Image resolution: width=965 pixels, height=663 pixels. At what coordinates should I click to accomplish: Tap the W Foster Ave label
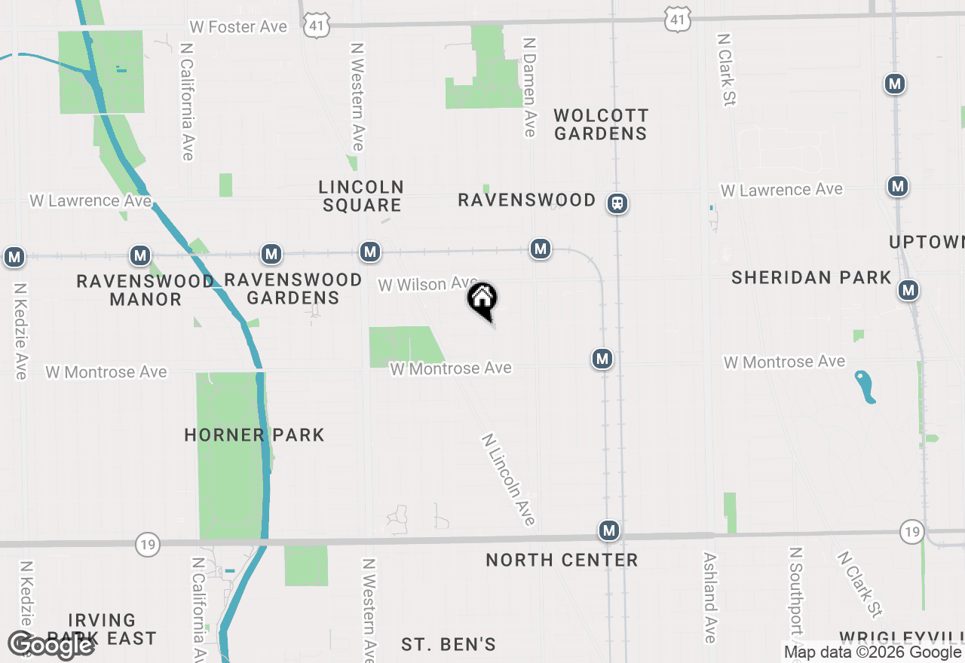238,27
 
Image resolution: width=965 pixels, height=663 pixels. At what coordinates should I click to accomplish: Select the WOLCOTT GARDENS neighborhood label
600,124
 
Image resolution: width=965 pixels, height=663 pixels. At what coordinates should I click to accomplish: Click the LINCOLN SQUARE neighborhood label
361,196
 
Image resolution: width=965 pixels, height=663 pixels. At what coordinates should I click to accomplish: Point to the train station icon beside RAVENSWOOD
618,203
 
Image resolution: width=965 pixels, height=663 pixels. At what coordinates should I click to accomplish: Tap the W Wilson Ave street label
427,284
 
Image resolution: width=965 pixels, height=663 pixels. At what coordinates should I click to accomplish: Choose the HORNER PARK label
254,435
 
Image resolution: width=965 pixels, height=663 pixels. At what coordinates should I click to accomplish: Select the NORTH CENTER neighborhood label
562,560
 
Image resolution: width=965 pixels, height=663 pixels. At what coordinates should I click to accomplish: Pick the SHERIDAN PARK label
811,277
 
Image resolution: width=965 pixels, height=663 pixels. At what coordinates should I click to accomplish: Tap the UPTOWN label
926,242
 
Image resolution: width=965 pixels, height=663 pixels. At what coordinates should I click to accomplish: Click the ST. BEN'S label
449,644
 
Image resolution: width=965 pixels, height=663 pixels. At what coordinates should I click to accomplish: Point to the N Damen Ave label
529,88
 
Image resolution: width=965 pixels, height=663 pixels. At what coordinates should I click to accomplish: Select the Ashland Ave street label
709,598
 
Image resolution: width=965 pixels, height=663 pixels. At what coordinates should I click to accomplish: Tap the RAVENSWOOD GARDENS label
293,289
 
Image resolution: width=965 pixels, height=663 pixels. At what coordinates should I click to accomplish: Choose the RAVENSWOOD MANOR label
146,290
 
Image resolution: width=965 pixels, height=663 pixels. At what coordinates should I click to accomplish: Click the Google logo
51,645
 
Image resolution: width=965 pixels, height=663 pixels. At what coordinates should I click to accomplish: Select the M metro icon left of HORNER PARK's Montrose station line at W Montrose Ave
602,359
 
